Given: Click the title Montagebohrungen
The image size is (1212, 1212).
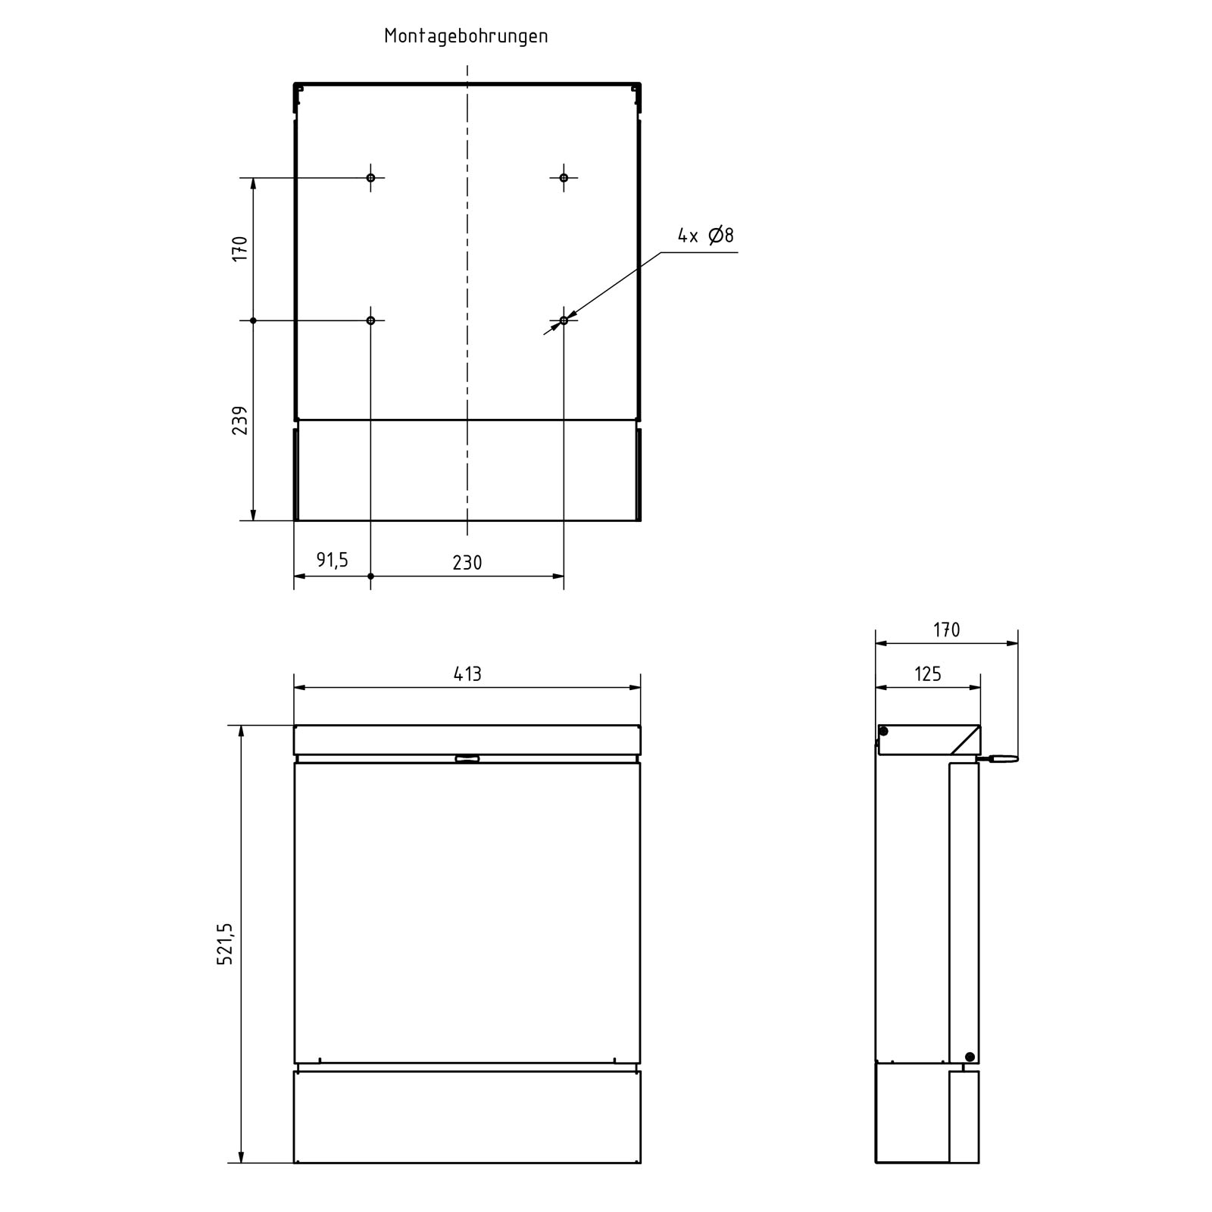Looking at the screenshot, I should tap(466, 36).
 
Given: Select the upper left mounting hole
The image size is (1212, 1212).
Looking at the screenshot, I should tap(370, 178).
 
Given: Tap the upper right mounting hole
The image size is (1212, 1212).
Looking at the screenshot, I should tap(564, 178).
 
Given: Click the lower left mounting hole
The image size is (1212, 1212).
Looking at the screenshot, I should tap(370, 320).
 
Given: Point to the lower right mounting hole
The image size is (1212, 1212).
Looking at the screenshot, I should tap(564, 320).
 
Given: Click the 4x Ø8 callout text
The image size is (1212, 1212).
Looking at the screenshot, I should tap(705, 236).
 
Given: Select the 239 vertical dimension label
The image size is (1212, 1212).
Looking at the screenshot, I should tap(240, 420).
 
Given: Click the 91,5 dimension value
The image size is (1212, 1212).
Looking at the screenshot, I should tap(332, 560).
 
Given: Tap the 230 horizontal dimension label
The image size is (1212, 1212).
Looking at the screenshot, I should tap(467, 563).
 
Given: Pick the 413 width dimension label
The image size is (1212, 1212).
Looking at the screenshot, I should tap(467, 673).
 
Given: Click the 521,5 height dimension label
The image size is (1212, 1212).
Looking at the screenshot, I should tap(226, 944).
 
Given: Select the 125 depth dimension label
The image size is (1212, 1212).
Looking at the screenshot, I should tap(927, 673).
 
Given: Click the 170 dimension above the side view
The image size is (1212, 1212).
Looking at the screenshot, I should tap(946, 630).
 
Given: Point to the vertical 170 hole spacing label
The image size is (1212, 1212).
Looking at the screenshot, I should tap(240, 248).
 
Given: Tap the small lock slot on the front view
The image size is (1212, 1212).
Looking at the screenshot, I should tap(467, 758).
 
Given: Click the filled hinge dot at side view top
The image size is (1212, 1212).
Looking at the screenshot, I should tap(884, 731).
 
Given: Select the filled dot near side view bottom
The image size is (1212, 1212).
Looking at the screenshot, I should tap(970, 1057).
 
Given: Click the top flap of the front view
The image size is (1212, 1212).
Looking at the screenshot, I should tap(467, 739).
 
